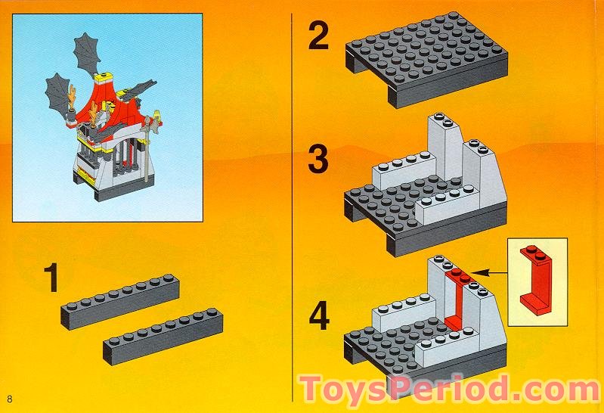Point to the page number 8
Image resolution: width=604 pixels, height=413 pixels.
tap(11, 399)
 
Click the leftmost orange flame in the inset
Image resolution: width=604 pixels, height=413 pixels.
tap(73, 98)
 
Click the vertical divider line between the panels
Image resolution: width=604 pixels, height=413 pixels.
tap(293, 204)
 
